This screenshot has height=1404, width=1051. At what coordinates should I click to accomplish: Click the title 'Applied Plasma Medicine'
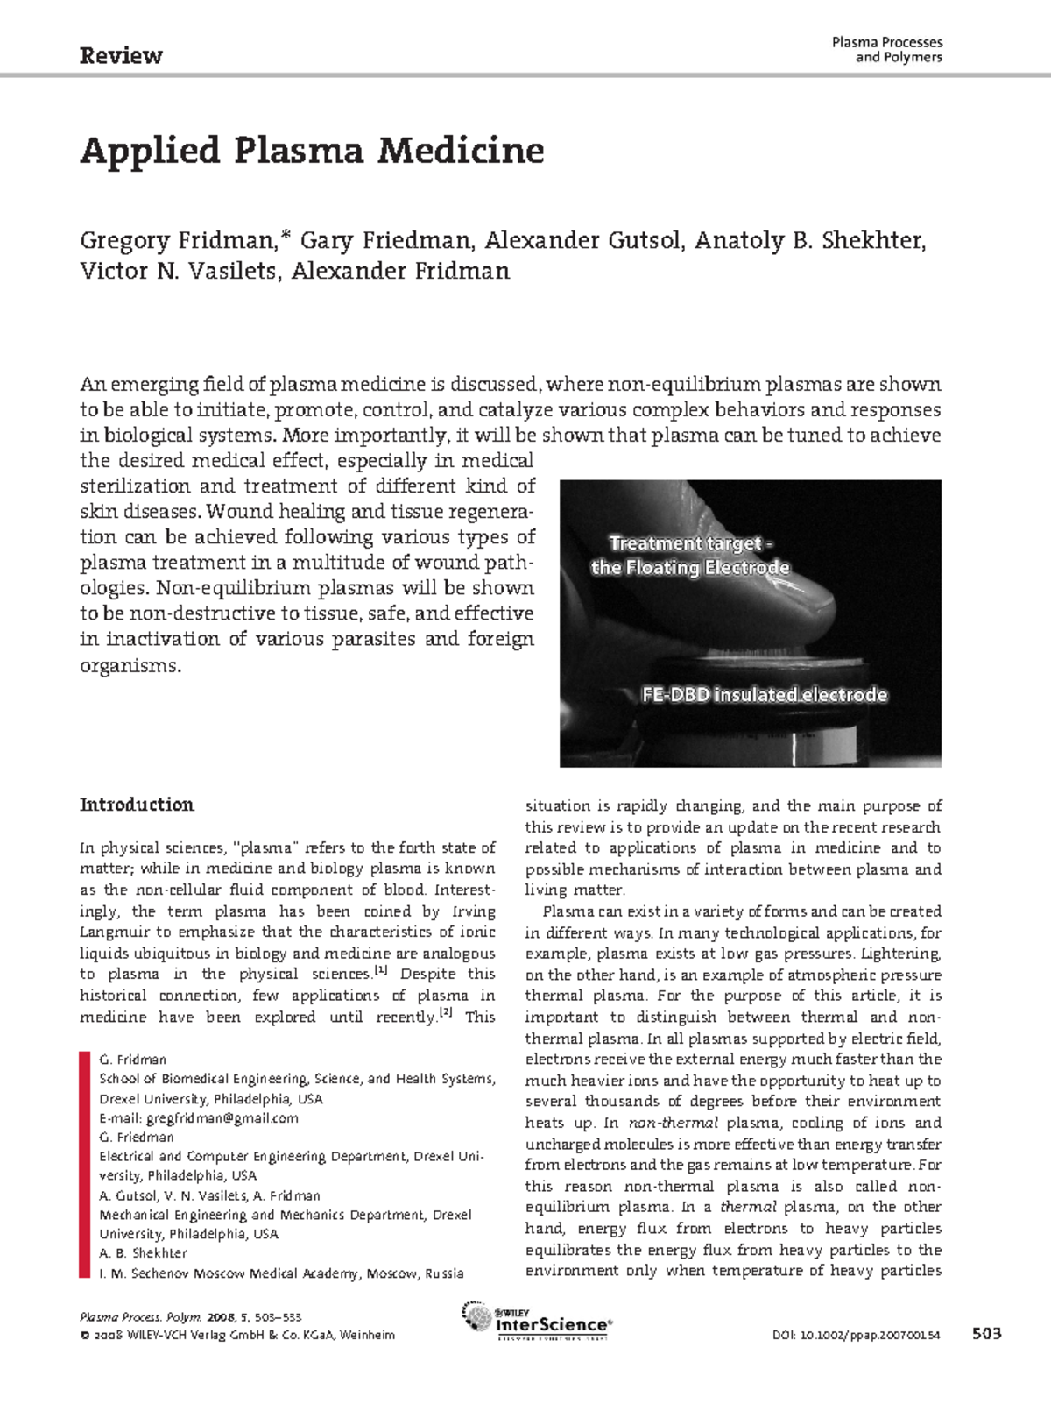312,151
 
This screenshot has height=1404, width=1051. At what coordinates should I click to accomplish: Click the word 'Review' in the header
121,56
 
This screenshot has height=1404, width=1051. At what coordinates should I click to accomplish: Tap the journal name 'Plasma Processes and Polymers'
886,49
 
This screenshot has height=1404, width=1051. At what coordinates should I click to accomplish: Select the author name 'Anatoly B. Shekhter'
808,240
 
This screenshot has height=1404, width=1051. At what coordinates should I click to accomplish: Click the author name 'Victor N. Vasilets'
180,271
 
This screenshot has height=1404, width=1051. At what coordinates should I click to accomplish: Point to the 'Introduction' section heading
137,805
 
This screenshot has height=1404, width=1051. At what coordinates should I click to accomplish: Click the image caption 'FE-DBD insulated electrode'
764,695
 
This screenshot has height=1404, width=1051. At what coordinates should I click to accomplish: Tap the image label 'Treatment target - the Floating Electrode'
690,556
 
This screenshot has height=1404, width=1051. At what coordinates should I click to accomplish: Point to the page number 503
986,1334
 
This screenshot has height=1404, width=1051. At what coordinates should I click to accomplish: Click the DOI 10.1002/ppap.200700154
856,1335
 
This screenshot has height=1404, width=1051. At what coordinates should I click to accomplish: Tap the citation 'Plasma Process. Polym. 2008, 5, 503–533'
190,1317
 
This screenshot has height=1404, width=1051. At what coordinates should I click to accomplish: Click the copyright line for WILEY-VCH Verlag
237,1335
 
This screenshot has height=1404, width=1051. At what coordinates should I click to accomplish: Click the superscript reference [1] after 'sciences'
381,970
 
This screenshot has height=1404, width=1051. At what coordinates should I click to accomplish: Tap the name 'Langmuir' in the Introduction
114,932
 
